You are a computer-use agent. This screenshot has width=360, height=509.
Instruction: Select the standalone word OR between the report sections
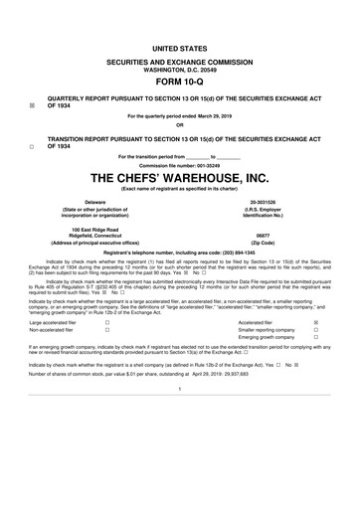coord(180,124)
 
